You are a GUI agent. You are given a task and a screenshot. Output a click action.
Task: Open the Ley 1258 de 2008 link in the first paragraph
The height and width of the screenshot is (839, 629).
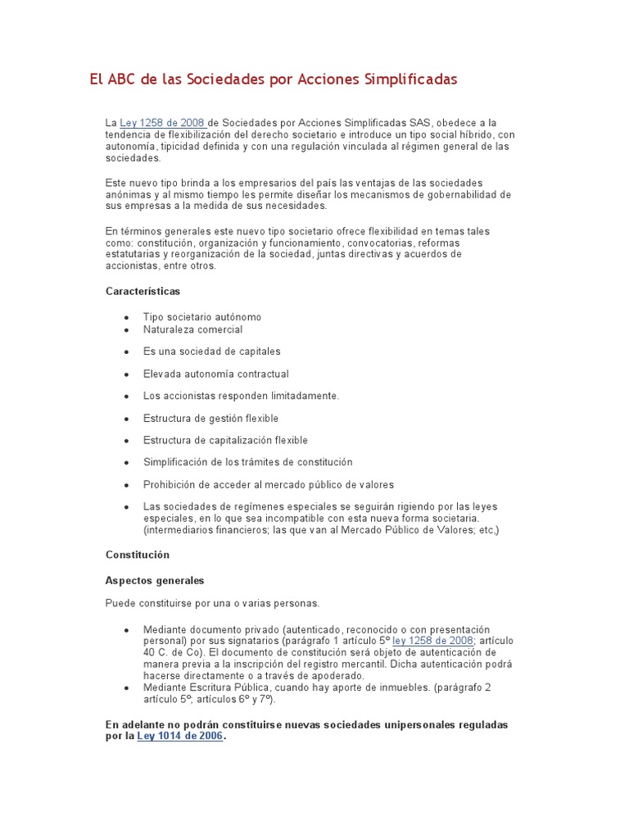[x=162, y=123]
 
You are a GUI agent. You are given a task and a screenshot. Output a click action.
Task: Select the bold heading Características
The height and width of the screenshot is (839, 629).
[x=143, y=291]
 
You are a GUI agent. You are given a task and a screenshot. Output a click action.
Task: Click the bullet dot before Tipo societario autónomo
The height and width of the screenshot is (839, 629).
[x=126, y=317]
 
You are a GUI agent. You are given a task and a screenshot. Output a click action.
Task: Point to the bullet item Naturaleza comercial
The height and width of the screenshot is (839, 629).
[x=192, y=329]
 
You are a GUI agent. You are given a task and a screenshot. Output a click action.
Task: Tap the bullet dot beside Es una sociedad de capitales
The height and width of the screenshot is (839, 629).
[x=126, y=351]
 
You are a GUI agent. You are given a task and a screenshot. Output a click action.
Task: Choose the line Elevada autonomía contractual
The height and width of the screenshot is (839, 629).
[x=215, y=374]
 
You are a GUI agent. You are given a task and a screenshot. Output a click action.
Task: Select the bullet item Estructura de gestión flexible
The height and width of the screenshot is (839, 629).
[x=210, y=418]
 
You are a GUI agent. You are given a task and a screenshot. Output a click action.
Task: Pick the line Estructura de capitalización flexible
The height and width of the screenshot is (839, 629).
[x=225, y=440]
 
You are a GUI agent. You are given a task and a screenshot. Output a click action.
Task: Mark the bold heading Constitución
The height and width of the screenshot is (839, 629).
[x=138, y=555]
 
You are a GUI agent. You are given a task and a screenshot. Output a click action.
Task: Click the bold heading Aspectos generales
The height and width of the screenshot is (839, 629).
[x=155, y=581]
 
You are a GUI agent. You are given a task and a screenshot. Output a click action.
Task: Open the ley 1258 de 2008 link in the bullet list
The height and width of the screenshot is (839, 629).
[x=432, y=641]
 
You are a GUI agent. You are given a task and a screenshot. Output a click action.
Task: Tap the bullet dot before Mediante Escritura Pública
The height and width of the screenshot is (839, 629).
[x=126, y=687]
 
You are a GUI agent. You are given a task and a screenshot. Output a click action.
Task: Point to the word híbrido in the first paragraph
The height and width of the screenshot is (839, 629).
[x=474, y=134]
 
